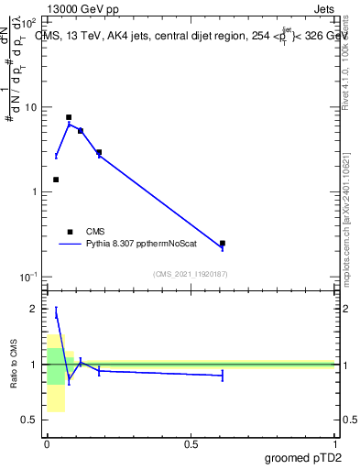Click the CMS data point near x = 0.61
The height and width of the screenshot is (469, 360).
tap(223, 244)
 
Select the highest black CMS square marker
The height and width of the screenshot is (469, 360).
tap(69, 117)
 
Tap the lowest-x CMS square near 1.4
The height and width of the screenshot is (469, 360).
tap(56, 180)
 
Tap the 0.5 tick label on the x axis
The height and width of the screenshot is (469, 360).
tap(191, 444)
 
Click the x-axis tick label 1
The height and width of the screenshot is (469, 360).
tap(334, 444)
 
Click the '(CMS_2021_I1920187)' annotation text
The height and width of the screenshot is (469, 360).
tap(190, 274)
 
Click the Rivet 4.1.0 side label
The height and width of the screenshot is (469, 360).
tap(351, 64)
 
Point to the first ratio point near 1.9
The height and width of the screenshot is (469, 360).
tap(56, 313)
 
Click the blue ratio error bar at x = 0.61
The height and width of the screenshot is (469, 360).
tap(223, 375)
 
